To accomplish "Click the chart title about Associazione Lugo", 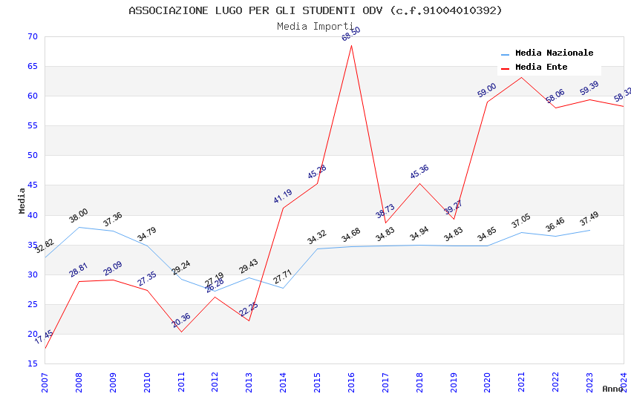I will [x=315, y=10].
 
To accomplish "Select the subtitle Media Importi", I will [x=315, y=26].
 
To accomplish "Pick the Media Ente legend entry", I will [x=541, y=67].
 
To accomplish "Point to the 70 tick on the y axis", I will [x=31, y=37].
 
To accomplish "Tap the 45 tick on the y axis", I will [x=31, y=185].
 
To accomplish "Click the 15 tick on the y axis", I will [x=31, y=363].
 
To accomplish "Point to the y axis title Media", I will [x=22, y=200].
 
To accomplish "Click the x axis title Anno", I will [x=612, y=389].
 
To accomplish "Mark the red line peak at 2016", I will [x=351, y=46].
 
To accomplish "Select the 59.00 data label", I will [x=487, y=91].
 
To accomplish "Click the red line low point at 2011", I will [x=181, y=332].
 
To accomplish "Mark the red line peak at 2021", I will [x=521, y=77].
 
